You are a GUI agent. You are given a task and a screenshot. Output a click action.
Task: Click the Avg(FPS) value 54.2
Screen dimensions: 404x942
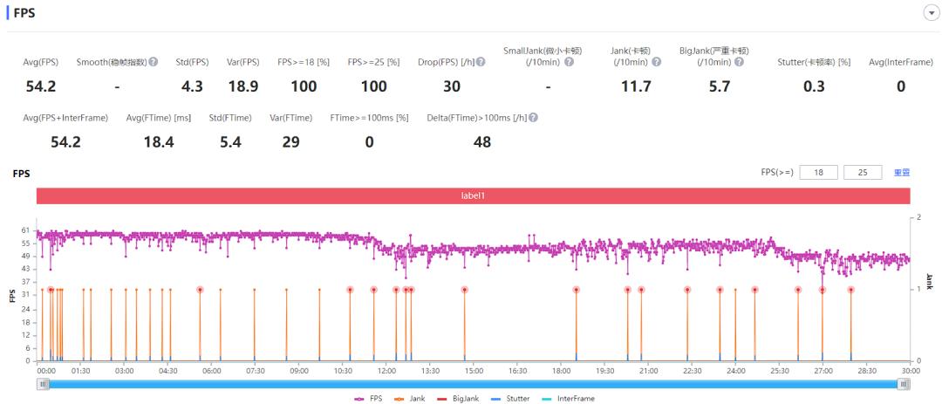click(40, 86)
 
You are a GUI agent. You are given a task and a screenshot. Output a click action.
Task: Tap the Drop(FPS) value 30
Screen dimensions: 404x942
click(451, 86)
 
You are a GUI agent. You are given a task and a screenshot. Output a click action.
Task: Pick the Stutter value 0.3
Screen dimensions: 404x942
click(813, 86)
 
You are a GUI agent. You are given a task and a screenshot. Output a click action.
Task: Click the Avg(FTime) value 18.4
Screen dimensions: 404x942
click(158, 142)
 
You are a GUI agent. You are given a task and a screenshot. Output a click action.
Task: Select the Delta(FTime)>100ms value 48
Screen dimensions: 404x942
click(481, 142)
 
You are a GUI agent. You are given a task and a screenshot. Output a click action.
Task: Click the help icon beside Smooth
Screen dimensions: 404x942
click(153, 62)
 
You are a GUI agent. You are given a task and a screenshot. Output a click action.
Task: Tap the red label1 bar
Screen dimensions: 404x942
click(473, 196)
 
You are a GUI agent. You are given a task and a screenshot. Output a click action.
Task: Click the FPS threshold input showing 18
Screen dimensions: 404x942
click(818, 173)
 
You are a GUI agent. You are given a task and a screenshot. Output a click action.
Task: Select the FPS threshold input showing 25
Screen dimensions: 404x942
click(863, 173)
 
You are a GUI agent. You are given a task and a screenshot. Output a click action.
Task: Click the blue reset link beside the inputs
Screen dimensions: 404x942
click(902, 173)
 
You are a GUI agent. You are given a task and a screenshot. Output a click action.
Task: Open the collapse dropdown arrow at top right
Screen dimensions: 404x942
click(929, 13)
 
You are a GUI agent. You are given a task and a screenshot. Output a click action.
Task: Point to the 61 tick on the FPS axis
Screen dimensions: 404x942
click(26, 229)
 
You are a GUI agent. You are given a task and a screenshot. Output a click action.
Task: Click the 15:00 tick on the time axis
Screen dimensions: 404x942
click(473, 370)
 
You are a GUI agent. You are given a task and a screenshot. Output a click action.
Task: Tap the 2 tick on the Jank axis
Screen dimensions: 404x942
click(918, 216)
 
